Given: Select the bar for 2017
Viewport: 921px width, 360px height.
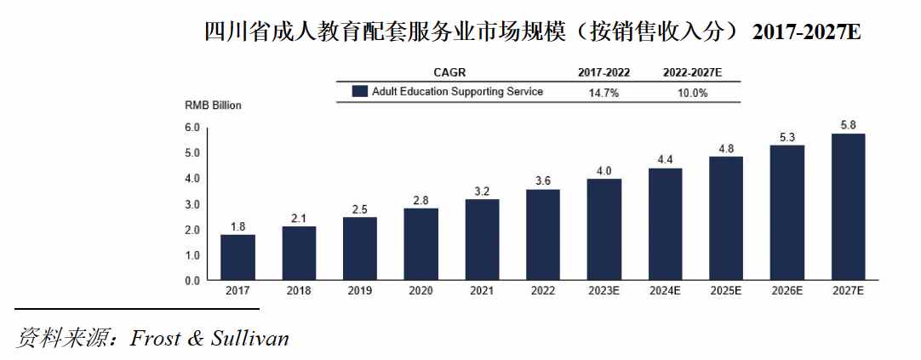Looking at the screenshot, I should click(x=237, y=257).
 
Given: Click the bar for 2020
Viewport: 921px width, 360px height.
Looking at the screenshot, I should click(x=420, y=244).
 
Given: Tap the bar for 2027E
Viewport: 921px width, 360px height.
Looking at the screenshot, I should click(x=848, y=207).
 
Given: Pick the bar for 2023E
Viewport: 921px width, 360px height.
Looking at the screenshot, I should click(x=604, y=229).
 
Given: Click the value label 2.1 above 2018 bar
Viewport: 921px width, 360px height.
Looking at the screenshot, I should click(x=299, y=219).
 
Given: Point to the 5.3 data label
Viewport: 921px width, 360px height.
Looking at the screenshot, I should click(x=787, y=137).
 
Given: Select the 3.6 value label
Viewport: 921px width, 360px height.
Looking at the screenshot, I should click(x=543, y=181).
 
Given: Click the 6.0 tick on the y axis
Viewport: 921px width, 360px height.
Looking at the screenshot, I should click(x=192, y=128).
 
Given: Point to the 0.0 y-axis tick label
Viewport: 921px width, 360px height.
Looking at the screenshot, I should click(x=192, y=280).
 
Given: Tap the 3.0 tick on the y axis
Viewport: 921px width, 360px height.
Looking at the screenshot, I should click(x=192, y=204).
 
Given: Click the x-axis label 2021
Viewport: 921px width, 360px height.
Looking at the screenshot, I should click(x=482, y=291).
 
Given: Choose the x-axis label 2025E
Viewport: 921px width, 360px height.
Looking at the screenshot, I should click(x=726, y=291).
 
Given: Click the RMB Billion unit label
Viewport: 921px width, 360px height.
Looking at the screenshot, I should click(x=213, y=106).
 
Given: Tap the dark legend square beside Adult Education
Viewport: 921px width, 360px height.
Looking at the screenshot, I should click(x=359, y=92).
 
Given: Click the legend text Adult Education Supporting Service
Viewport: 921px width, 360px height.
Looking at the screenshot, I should click(x=457, y=92).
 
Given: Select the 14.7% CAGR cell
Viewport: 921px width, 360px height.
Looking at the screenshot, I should click(x=604, y=93).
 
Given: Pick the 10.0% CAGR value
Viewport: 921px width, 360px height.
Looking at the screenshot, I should click(x=692, y=93).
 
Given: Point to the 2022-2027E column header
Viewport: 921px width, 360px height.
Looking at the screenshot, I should click(x=692, y=73).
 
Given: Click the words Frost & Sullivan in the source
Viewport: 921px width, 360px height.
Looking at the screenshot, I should click(x=209, y=339).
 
